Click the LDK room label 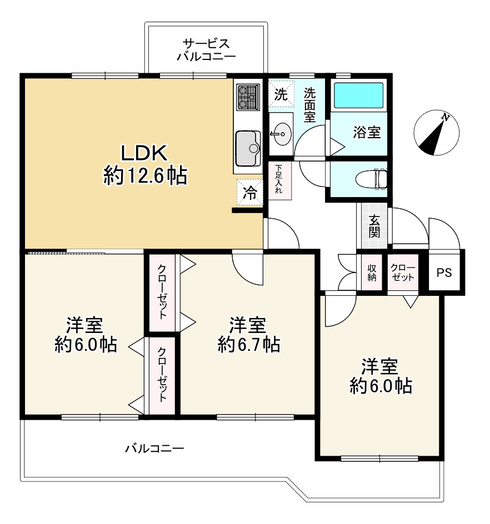(144, 153)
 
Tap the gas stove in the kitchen (248, 97)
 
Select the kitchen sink (248, 148)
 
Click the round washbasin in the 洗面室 (281, 134)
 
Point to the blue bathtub (358, 95)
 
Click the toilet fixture (371, 179)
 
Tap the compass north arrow (434, 135)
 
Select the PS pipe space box (444, 273)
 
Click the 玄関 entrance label (374, 226)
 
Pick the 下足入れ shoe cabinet (279, 181)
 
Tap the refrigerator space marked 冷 (249, 193)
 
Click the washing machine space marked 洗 (281, 94)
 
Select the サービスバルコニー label (206, 49)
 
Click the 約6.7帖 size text (249, 344)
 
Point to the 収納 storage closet (372, 273)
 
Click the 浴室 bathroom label (367, 132)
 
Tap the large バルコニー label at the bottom (154, 448)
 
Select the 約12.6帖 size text (145, 175)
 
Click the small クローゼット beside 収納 (403, 273)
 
